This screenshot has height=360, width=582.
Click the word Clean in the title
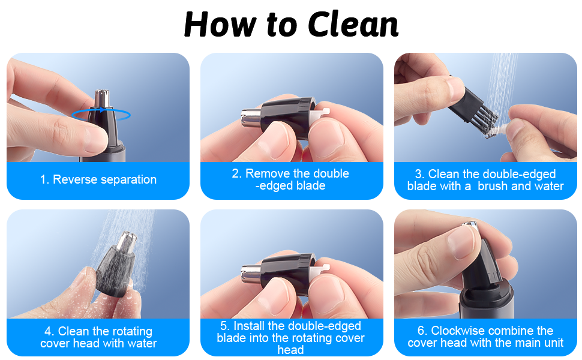pyautogui.click(x=353, y=25)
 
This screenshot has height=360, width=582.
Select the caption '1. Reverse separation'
pyautogui.click(x=98, y=179)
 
